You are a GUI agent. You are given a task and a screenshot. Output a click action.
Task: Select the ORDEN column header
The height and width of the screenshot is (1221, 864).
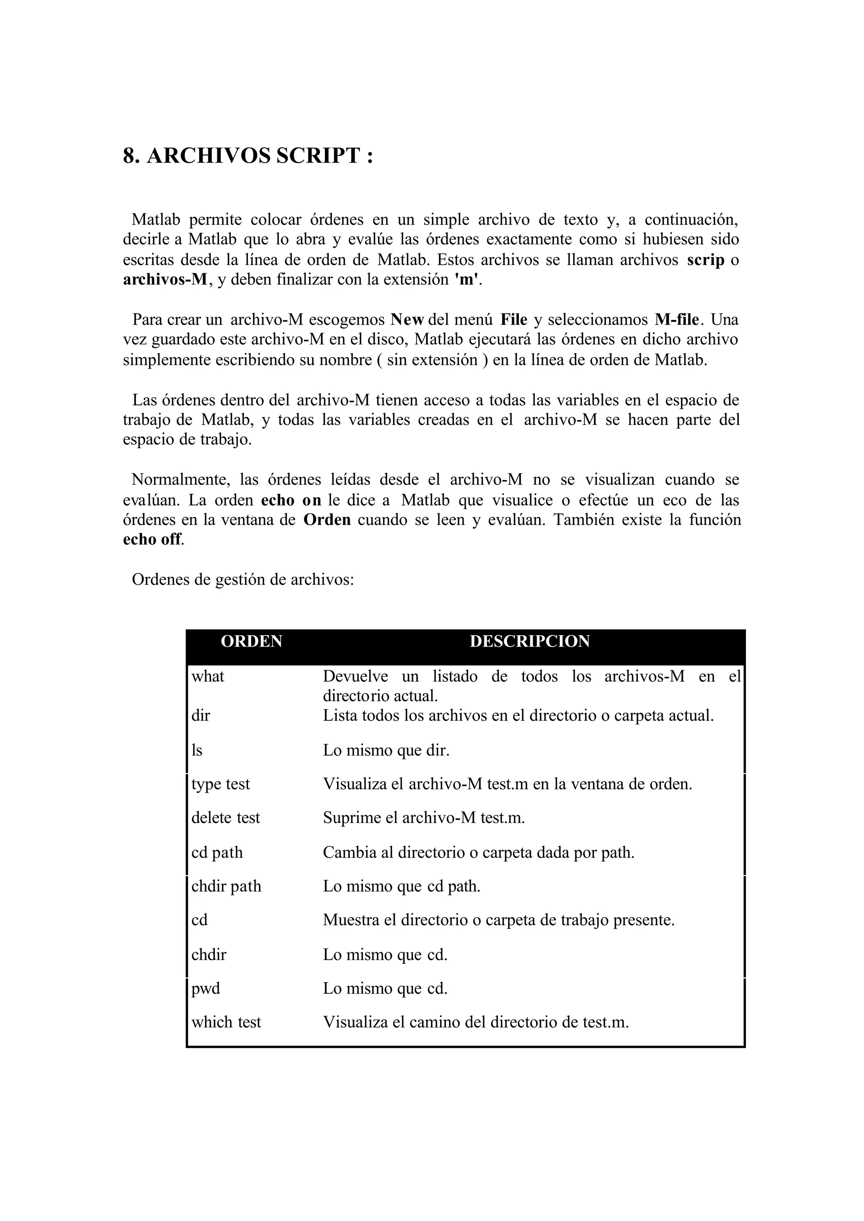(x=251, y=642)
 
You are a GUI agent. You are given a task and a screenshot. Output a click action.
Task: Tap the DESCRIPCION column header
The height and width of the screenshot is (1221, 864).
(x=529, y=642)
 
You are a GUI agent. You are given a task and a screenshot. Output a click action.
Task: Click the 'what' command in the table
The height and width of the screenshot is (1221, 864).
(x=208, y=677)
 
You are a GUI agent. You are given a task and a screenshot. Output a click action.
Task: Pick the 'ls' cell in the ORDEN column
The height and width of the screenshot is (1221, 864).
(x=197, y=750)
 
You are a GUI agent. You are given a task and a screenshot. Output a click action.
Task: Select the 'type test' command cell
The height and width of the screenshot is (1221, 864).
(x=220, y=784)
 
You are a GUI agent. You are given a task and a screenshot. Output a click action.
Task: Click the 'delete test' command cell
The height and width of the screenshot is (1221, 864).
(x=226, y=818)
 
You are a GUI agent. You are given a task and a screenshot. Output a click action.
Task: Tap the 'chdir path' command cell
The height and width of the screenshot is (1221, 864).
(x=226, y=886)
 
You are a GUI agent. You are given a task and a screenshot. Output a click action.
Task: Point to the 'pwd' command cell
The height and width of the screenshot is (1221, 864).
(x=205, y=989)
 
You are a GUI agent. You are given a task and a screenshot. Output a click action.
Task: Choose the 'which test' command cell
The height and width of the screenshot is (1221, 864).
(x=226, y=1023)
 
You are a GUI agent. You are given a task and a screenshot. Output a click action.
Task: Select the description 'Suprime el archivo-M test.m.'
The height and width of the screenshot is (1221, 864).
(x=424, y=818)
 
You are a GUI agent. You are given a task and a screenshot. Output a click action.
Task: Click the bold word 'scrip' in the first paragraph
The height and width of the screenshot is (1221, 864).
(x=705, y=260)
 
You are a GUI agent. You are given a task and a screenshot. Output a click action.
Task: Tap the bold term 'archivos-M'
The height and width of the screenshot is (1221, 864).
(x=165, y=280)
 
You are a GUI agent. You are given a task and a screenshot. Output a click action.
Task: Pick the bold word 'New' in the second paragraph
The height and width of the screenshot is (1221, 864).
(x=407, y=320)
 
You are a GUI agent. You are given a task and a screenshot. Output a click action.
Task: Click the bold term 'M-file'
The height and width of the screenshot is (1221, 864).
(x=677, y=320)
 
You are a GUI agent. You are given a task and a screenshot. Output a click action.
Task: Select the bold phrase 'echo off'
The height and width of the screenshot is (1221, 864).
(x=152, y=540)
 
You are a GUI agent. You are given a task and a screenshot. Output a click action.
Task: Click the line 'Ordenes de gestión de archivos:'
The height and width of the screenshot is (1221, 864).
(x=243, y=579)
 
